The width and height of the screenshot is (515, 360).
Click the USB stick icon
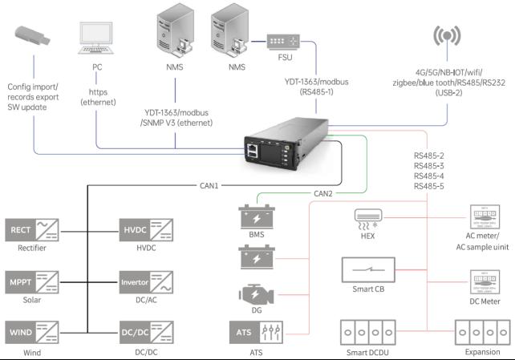coord(33,35)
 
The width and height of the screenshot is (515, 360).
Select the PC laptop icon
coord(96,38)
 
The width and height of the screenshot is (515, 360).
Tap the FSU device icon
coord(283,42)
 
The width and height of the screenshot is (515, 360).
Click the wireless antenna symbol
coord(447,36)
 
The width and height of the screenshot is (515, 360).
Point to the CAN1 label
coord(209,186)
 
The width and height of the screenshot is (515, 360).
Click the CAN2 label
coord(323,193)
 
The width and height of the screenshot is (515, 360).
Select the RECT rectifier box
coord(32,230)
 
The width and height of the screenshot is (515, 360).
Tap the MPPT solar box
coord(32,282)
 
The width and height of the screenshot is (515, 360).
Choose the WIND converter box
coord(32,333)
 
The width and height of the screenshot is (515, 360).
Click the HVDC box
coord(146,230)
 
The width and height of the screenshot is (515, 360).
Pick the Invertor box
coord(146,282)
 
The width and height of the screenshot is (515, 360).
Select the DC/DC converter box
coord(146,333)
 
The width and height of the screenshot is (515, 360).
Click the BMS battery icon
coord(257,216)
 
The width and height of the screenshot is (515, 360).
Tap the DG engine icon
coord(256,294)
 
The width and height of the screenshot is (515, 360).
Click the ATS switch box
coord(256,333)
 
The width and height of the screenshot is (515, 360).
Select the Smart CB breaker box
coord(368,269)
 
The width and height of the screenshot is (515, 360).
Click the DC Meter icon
coord(485,282)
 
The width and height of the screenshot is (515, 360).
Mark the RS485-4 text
coord(428,176)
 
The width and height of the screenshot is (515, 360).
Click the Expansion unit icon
coord(482,333)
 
